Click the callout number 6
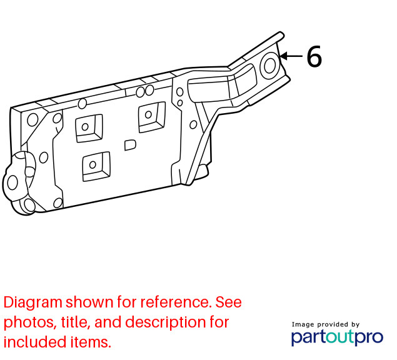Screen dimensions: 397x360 point(314,56)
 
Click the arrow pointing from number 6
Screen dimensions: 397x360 point(291,56)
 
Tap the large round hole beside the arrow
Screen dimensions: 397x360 point(269,66)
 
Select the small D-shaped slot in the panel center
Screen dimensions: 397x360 point(130,145)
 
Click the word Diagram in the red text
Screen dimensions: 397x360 point(33,302)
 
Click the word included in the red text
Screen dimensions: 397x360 point(35,341)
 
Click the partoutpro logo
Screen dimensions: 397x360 point(337,337)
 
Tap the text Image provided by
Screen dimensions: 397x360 point(326,324)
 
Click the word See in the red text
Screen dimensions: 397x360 point(228,302)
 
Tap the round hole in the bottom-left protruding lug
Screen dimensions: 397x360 point(12,182)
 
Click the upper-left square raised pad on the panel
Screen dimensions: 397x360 point(89,128)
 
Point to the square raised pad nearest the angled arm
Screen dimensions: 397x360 point(152,117)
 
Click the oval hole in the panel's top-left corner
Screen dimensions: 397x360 point(33,120)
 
